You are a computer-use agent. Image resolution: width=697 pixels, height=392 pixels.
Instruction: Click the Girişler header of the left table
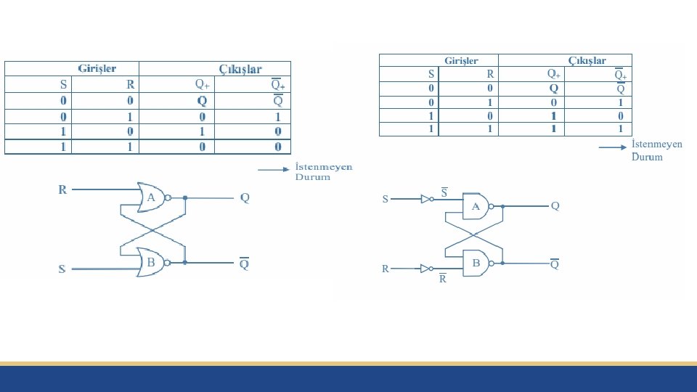pyautogui.click(x=97, y=68)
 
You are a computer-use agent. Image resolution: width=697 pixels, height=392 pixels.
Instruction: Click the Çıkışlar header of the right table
pyautogui.click(x=587, y=61)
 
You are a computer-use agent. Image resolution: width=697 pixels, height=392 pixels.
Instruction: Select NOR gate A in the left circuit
pyautogui.click(x=151, y=197)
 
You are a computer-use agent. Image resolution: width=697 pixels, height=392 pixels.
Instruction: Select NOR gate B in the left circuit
pyautogui.click(x=151, y=263)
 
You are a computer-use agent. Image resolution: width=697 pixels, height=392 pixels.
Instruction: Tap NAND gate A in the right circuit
pyautogui.click(x=476, y=207)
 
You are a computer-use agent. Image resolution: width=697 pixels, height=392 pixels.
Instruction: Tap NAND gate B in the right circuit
pyautogui.click(x=476, y=264)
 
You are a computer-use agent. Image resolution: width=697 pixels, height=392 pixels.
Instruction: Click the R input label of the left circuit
pyautogui.click(x=62, y=190)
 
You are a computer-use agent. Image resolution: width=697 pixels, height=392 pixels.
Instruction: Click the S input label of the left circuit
pyautogui.click(x=62, y=269)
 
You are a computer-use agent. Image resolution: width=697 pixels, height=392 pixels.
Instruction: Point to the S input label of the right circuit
pyautogui.click(x=386, y=199)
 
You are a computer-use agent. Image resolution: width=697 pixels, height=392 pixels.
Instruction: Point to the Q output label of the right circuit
pyautogui.click(x=555, y=206)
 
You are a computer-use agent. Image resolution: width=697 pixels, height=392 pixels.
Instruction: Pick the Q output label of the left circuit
pyautogui.click(x=245, y=197)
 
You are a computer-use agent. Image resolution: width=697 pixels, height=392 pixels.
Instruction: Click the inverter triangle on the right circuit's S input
pyautogui.click(x=425, y=198)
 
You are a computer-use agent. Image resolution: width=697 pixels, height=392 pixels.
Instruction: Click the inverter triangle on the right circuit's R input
pyautogui.click(x=425, y=269)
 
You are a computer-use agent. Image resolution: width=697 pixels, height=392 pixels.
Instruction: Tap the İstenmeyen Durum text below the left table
pyautogui.click(x=323, y=172)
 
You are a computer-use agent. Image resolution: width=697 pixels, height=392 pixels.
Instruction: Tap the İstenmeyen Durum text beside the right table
pyautogui.click(x=656, y=150)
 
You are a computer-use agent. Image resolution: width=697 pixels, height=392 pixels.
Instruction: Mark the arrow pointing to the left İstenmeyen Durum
pyautogui.click(x=273, y=171)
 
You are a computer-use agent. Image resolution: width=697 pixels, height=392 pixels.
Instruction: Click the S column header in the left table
pyautogui.click(x=63, y=84)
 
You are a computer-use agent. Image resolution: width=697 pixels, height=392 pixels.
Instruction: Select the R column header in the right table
pyautogui.click(x=490, y=74)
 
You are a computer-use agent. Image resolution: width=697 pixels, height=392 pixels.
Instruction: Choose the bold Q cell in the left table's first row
pyautogui.click(x=202, y=100)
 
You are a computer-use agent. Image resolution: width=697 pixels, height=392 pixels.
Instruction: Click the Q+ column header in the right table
pyautogui.click(x=553, y=74)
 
